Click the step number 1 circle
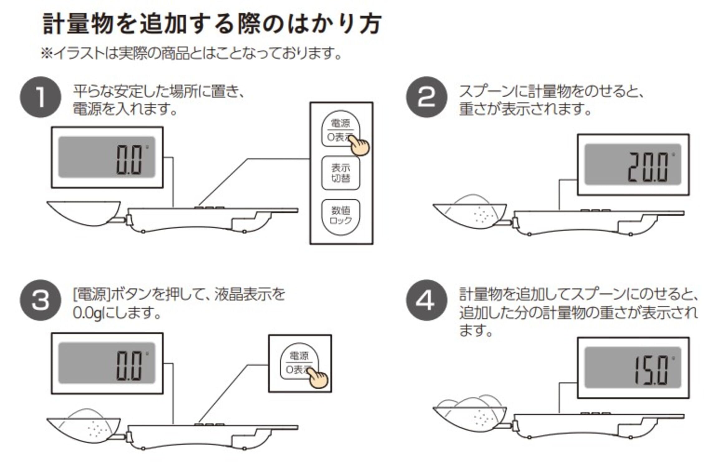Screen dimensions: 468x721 pyautogui.click(x=40, y=97)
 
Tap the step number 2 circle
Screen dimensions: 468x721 pyautogui.click(x=426, y=97)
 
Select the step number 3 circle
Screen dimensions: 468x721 pyautogui.click(x=40, y=300)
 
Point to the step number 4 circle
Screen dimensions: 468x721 pyautogui.click(x=426, y=300)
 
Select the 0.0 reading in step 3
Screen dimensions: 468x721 pyautogui.click(x=129, y=365)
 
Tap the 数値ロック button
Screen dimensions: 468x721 pyautogui.click(x=341, y=216)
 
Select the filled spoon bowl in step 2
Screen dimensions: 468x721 pyautogui.click(x=470, y=214)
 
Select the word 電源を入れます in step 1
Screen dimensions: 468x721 pyautogui.click(x=125, y=109)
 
